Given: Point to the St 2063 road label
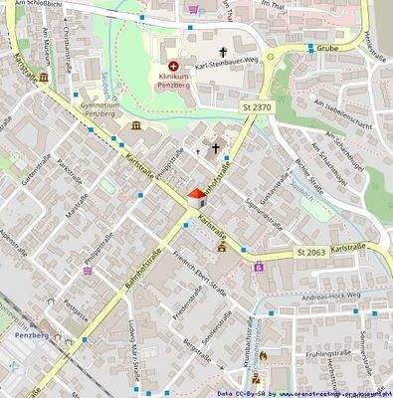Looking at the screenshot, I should pyautogui.click(x=310, y=254).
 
